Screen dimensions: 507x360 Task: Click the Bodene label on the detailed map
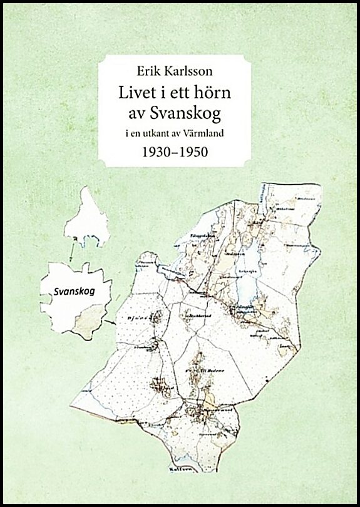[213, 370]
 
